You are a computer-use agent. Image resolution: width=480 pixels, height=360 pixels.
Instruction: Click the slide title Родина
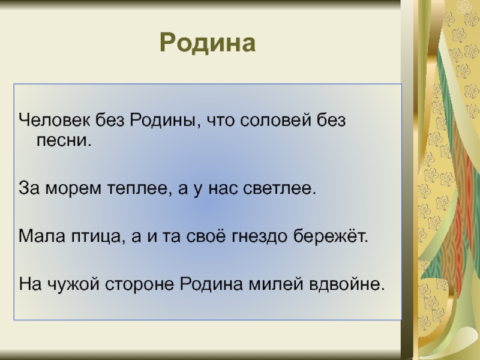tap(208, 43)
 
